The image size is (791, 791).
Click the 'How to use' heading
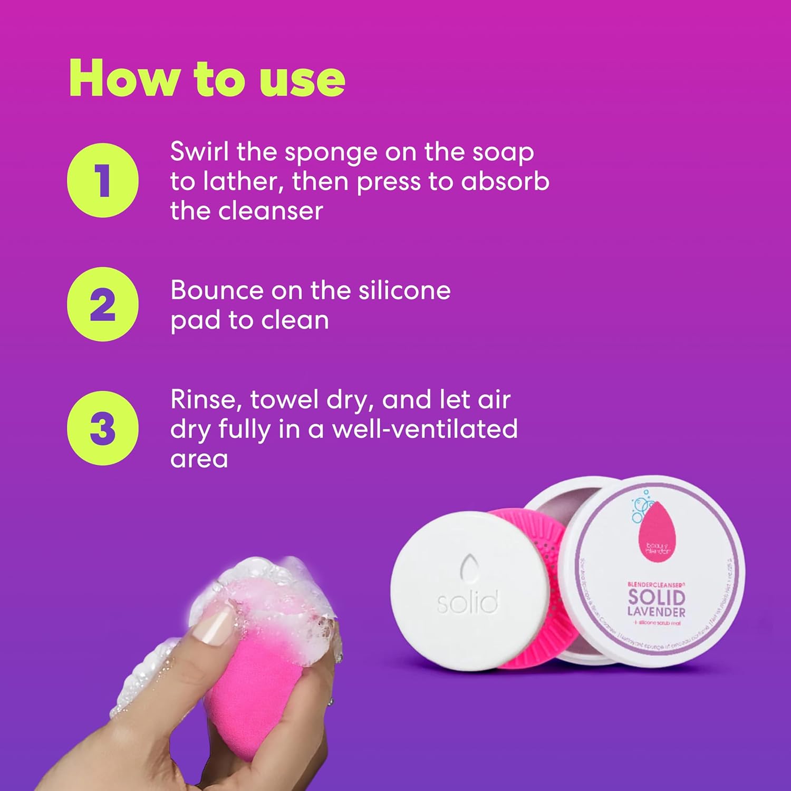[x=207, y=79]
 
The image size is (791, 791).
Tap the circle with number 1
[x=103, y=180]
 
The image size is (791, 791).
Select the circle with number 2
[x=103, y=304]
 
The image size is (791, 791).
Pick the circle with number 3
[x=103, y=428]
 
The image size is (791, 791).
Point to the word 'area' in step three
[x=199, y=459]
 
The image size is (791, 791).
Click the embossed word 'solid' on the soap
[x=467, y=602]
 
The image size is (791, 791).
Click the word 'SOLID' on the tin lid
[x=656, y=597]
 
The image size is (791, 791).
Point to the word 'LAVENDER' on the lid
[x=656, y=612]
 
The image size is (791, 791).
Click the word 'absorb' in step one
[x=505, y=181]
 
